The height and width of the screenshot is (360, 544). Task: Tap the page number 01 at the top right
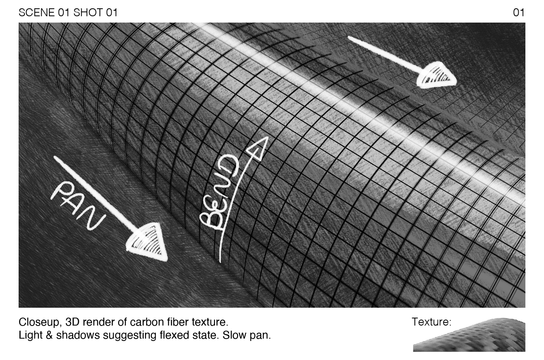(x=518, y=13)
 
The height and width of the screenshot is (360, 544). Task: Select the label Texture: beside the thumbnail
(x=431, y=322)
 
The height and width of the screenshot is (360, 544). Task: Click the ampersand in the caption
(x=49, y=335)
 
